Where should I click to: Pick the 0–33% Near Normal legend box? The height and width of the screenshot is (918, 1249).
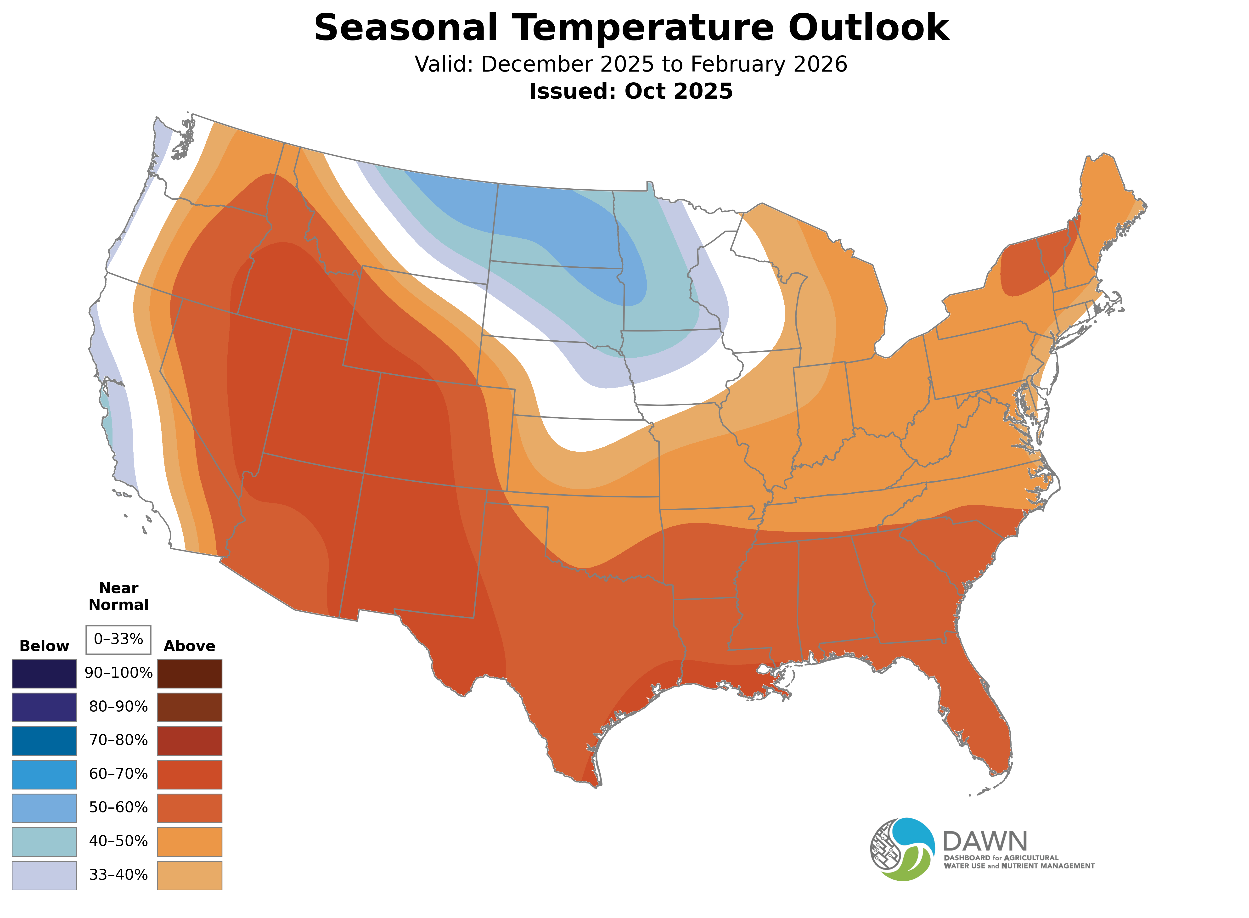[x=118, y=640]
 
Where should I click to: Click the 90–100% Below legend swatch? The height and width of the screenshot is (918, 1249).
[x=45, y=674]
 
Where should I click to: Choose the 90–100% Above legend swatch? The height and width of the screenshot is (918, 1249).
[x=190, y=674]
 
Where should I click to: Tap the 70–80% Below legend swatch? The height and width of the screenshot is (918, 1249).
[x=45, y=741]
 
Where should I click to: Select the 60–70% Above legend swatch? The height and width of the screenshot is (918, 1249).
[x=190, y=775]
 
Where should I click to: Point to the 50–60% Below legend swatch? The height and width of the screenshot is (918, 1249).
[x=45, y=808]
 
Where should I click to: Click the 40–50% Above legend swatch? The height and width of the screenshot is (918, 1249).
[x=190, y=842]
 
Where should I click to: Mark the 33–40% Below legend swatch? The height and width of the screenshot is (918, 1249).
[x=45, y=875]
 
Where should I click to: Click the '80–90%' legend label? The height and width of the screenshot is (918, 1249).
[x=118, y=707]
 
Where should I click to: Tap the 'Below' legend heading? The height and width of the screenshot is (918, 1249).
[x=44, y=646]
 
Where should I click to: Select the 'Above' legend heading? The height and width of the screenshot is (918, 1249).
[x=190, y=646]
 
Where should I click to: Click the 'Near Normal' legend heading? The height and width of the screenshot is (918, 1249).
[x=118, y=596]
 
